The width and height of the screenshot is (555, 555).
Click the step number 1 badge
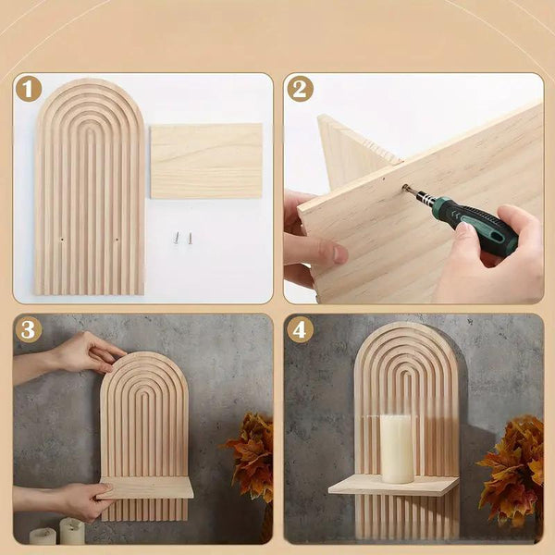(29, 90)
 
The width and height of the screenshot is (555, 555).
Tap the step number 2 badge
(300, 90)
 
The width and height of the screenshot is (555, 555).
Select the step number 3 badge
(29, 330)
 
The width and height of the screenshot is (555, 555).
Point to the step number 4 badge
(300, 330)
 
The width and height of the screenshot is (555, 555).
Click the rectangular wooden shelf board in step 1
(205, 161)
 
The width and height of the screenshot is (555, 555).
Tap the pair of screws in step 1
(183, 238)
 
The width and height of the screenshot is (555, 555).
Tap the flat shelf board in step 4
(393, 486)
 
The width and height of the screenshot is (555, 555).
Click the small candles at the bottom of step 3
(57, 533)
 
